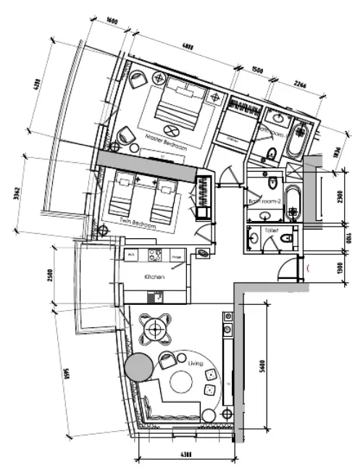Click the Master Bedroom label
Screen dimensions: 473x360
click(x=166, y=141)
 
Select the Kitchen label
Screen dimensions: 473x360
click(x=154, y=277)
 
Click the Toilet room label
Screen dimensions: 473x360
click(x=272, y=230)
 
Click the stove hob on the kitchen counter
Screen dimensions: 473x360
click(x=154, y=254)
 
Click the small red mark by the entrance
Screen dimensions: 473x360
click(x=311, y=269)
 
